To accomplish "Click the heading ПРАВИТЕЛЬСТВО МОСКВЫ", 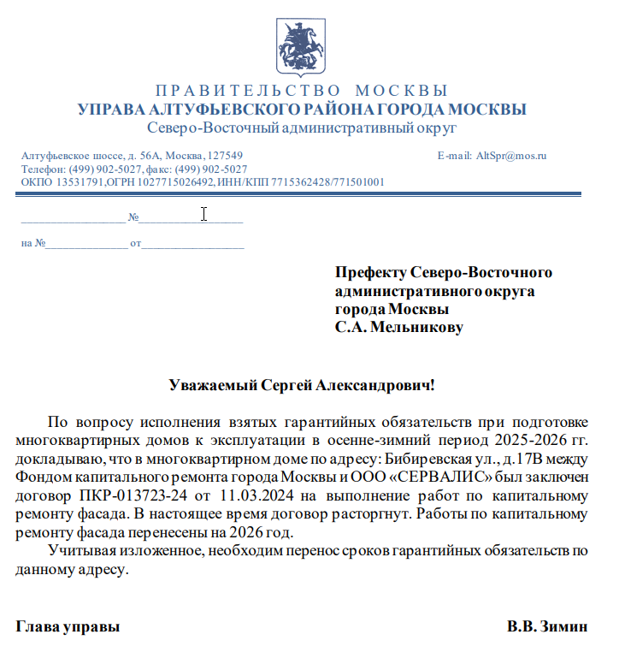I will pyautogui.click(x=302, y=91).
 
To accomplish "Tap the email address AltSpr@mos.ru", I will pyautogui.click(x=511, y=156).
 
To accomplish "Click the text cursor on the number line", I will pyautogui.click(x=203, y=214).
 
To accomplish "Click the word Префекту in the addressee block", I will pyautogui.click(x=370, y=273).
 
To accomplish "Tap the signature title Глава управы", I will pyautogui.click(x=68, y=626).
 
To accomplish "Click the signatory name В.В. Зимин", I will pyautogui.click(x=547, y=626).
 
